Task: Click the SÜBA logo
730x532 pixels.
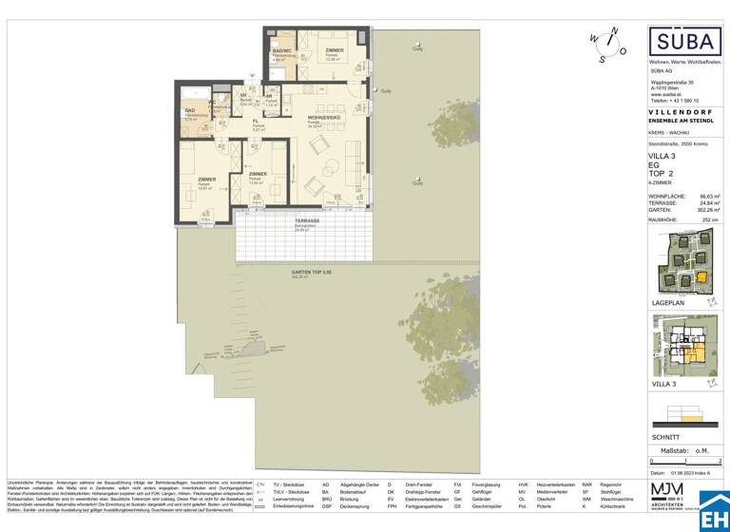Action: coord(683,43)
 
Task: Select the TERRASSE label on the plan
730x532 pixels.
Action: coord(306,219)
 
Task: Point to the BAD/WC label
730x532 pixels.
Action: coord(282,50)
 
